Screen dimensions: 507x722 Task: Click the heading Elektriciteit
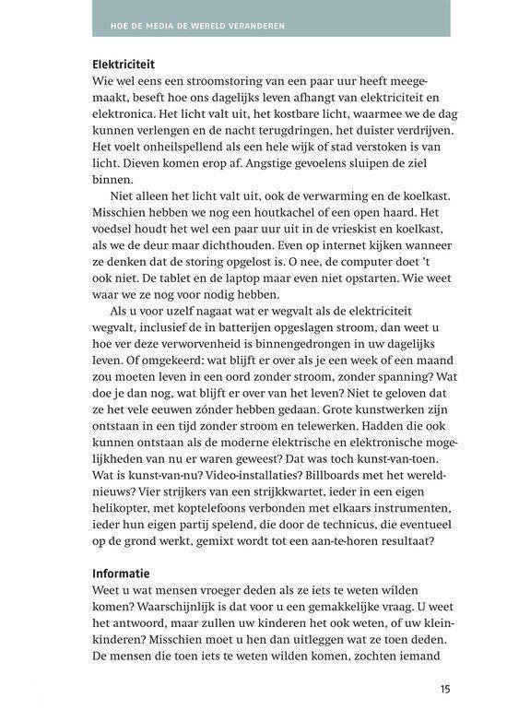click(x=124, y=65)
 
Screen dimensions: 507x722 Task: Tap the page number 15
click(x=443, y=688)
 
